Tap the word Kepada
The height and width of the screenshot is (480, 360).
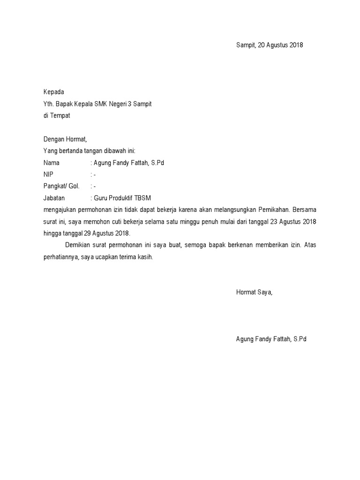coord(53,92)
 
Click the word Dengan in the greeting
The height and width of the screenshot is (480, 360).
coord(54,139)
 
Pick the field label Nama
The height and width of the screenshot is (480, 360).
coord(52,163)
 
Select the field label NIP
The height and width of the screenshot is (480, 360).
coord(48,174)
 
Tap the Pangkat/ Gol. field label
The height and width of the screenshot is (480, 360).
coord(61,186)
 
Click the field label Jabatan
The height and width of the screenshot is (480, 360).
coord(54,198)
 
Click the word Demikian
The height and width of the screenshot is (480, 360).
coord(78,245)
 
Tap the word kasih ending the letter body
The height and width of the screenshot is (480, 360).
coord(145,257)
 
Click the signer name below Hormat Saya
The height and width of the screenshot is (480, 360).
coord(271,338)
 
